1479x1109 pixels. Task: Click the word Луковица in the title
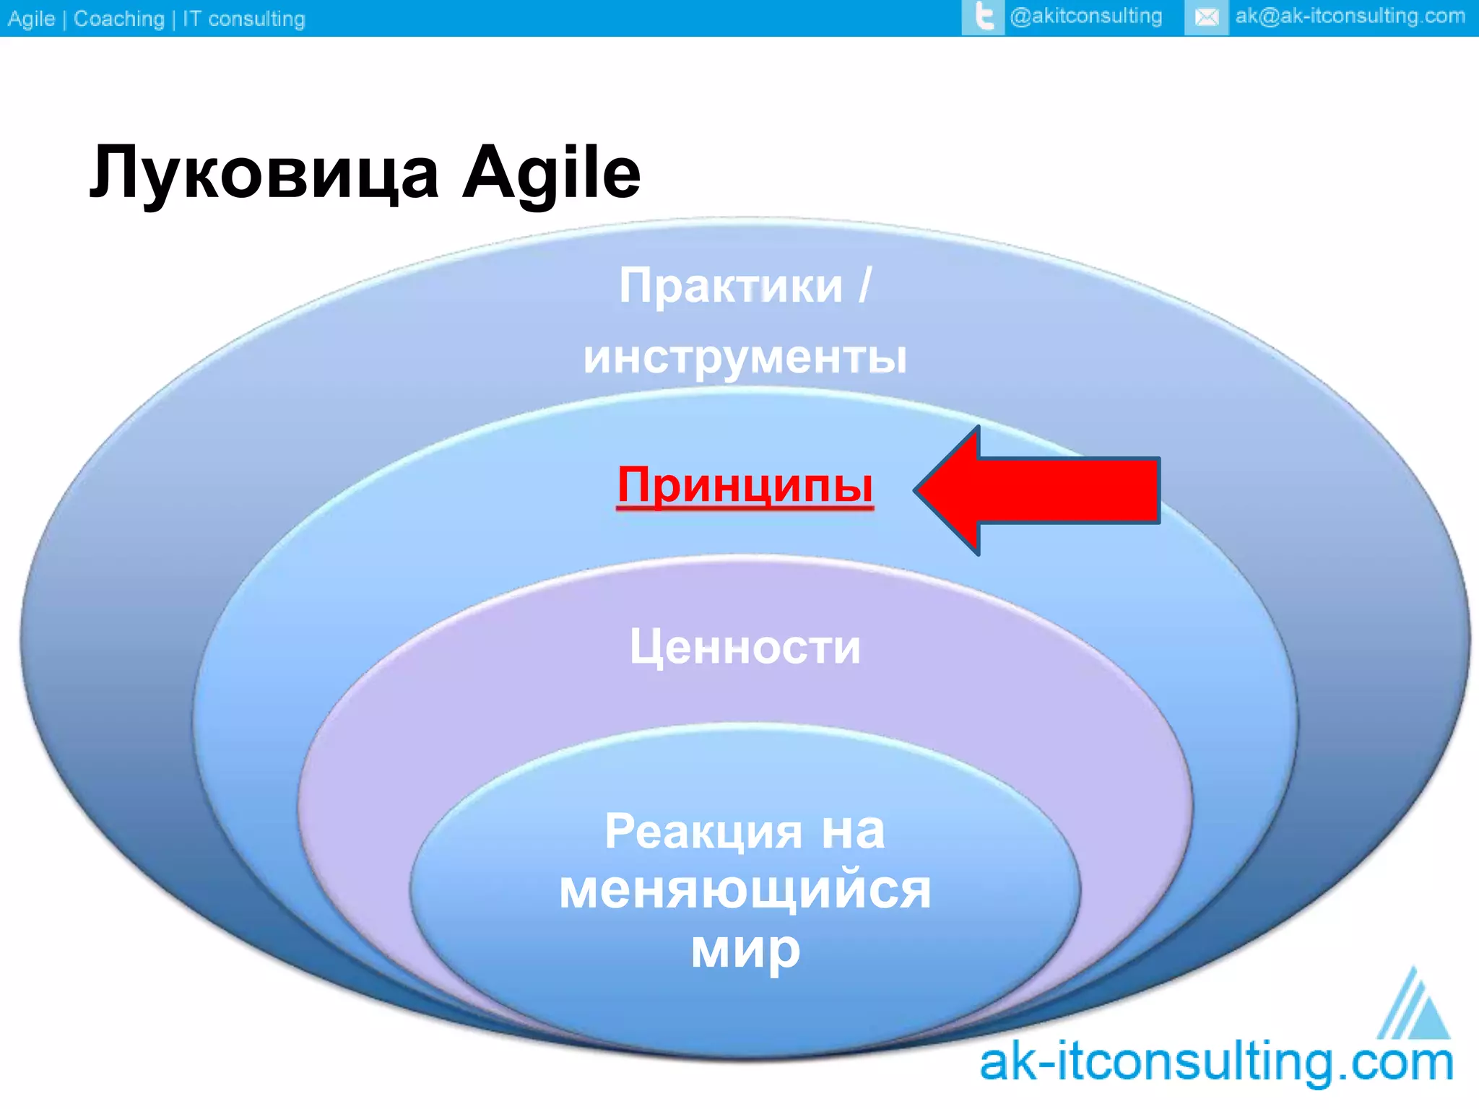[264, 173]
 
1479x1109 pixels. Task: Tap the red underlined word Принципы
[745, 485]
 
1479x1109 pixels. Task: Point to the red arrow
[1040, 490]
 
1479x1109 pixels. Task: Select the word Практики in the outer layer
[730, 286]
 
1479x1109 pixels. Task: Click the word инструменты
[745, 357]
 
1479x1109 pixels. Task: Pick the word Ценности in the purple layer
[745, 646]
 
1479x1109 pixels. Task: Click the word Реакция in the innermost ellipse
[703, 831]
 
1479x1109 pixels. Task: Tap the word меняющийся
[745, 890]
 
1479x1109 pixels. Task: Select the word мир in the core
[745, 950]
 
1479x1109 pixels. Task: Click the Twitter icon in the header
[983, 17]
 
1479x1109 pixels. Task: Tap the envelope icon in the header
[1206, 17]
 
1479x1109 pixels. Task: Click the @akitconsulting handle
[1086, 16]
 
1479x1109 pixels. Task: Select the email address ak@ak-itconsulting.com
[1350, 16]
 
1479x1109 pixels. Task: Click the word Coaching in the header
[119, 19]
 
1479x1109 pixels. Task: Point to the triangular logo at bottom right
[1414, 1006]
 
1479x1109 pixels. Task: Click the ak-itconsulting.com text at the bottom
[1216, 1063]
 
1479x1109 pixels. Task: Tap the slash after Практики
[865, 286]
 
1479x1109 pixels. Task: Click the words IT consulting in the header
[243, 19]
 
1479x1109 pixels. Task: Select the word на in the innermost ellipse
[853, 831]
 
